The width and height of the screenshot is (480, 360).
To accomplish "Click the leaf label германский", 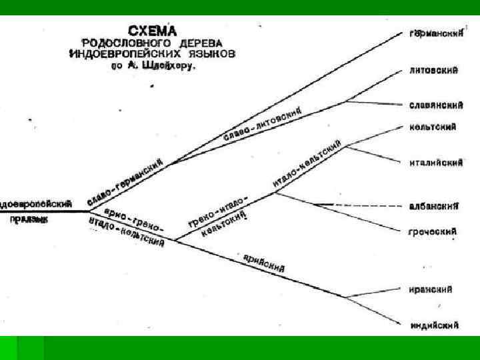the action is coord(436,33).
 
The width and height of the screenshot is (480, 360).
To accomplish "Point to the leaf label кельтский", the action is coord(433,127).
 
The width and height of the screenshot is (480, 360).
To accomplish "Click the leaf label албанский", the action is coord(433,206).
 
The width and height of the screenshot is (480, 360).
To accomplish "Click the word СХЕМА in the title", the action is coord(153,30).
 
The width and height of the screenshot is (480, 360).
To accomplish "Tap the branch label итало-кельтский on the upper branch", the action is coord(307,164).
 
